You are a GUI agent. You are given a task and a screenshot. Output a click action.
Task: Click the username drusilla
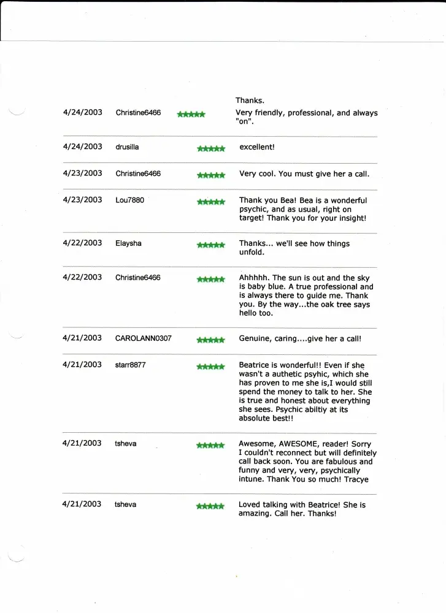click(x=128, y=147)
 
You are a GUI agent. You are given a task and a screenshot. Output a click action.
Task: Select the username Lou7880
click(x=129, y=200)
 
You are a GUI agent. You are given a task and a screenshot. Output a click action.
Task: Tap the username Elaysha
click(x=128, y=243)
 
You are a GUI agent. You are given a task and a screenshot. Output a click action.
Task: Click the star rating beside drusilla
click(x=211, y=148)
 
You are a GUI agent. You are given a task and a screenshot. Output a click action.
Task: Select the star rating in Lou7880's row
click(x=211, y=201)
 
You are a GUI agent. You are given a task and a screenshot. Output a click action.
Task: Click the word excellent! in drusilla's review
click(x=256, y=147)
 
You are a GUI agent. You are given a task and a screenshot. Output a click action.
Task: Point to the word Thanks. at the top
click(x=250, y=101)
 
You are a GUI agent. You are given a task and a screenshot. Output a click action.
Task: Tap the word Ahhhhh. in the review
click(x=255, y=278)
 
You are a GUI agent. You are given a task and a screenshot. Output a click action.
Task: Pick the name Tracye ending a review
click(x=356, y=479)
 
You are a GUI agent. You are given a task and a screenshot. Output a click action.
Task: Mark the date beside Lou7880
click(x=82, y=200)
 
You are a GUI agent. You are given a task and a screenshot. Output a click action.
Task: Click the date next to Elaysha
click(x=82, y=243)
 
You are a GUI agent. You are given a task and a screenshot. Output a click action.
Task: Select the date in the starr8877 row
click(x=82, y=365)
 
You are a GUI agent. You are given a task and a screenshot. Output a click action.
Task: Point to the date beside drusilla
click(x=82, y=147)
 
